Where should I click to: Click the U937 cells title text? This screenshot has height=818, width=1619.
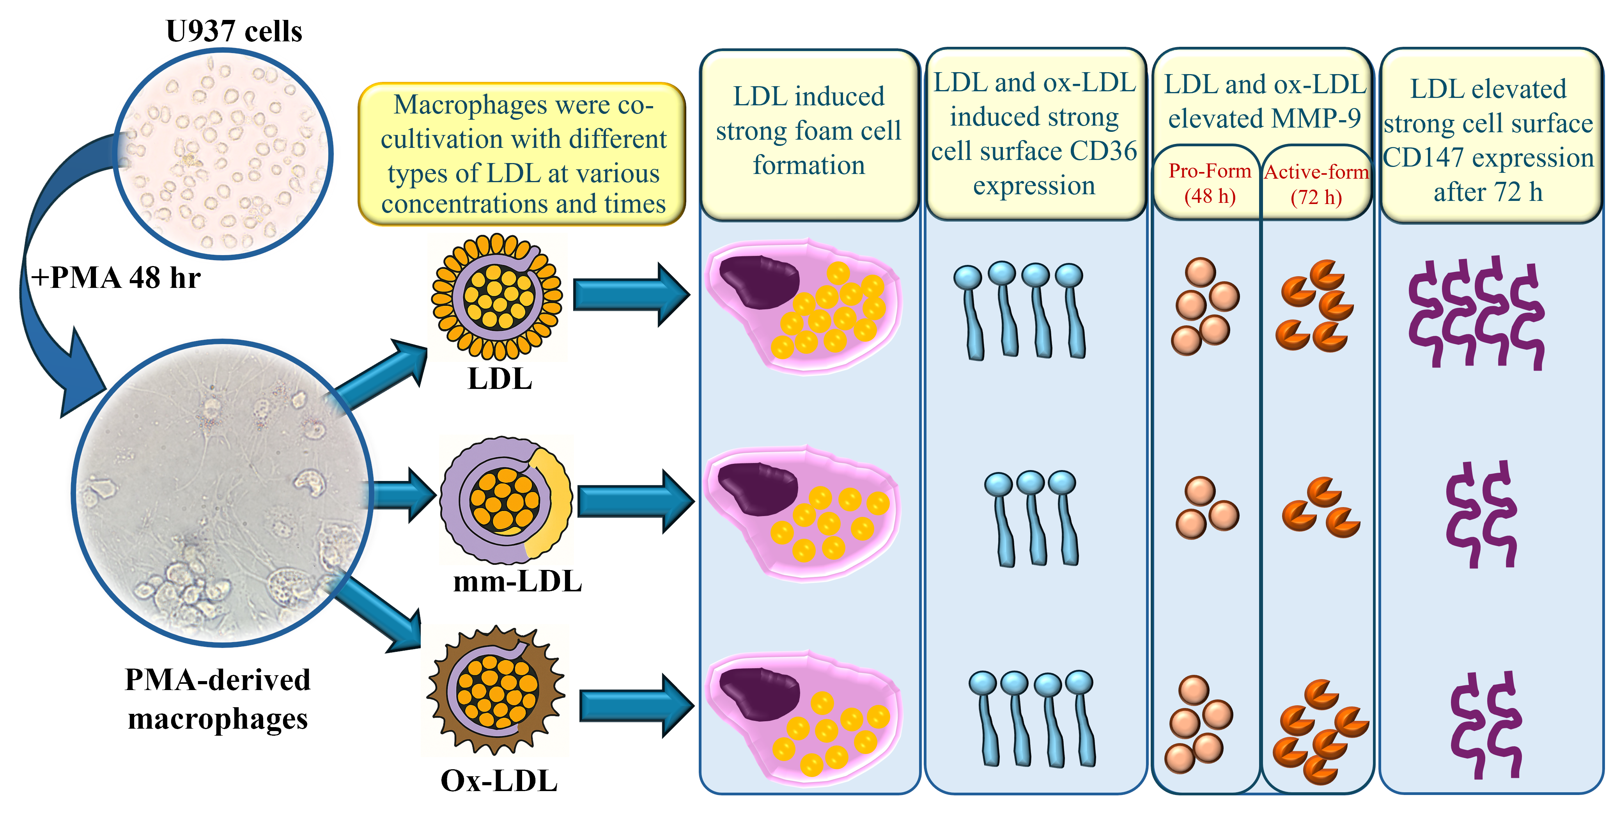coord(234,32)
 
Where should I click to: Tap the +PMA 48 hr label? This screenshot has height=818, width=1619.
coord(116,278)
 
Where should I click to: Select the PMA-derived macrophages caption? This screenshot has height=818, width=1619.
coord(218,699)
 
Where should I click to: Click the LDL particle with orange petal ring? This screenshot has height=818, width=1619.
coord(497,297)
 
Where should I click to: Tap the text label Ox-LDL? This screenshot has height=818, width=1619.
coord(499,781)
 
